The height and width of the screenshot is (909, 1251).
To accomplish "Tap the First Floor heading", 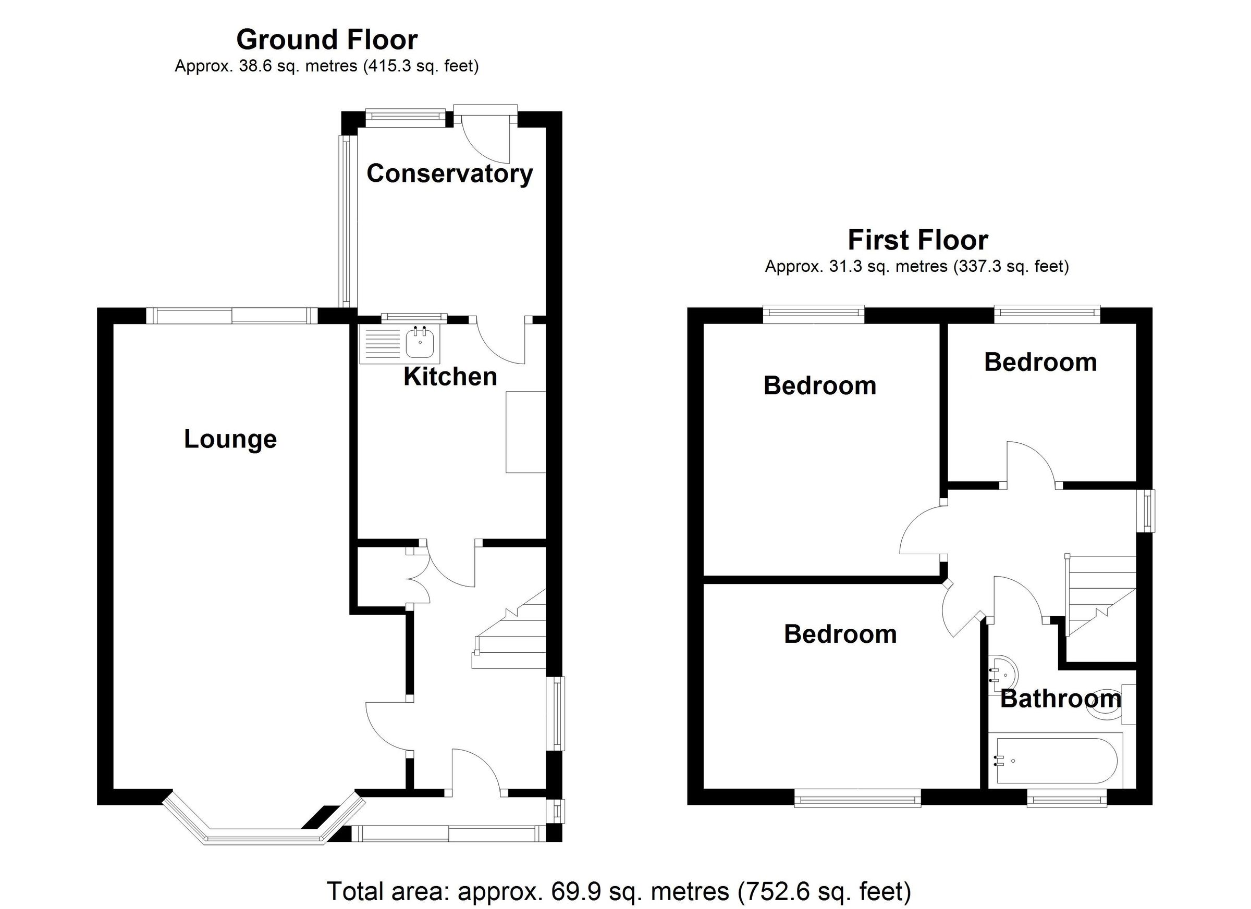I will coord(917,240).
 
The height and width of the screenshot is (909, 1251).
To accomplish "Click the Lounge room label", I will coord(230,439).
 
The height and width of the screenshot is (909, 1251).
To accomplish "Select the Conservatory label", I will coord(449,173).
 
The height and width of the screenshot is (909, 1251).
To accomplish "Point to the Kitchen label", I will coord(450,377).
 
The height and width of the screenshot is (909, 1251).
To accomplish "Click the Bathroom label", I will coord(1060,699).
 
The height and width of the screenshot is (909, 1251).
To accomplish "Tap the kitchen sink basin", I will coord(422,343).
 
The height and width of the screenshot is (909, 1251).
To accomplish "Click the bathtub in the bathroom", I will coord(1054,761).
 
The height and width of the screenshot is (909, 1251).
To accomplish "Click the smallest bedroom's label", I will coord(1040,363).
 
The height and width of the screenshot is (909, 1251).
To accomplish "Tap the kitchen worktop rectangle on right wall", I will coord(525,432).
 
